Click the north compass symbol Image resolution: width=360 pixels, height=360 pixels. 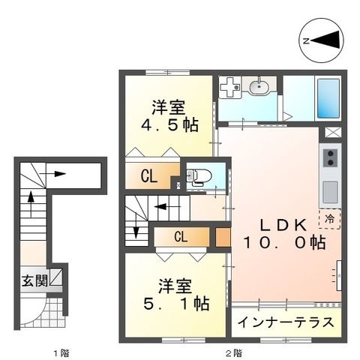(321, 40)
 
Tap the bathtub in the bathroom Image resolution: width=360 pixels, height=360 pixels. (328, 98)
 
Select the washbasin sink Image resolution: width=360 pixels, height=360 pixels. (259, 87)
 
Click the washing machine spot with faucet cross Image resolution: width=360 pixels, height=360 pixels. (229, 87)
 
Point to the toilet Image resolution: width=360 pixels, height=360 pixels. (199, 176)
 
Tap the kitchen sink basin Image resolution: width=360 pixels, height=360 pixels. (330, 192)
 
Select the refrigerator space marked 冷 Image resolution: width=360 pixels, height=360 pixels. (330, 219)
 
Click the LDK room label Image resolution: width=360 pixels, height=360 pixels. (283, 225)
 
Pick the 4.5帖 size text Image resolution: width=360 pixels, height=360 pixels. (170, 124)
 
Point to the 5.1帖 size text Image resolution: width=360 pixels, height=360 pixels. (176, 303)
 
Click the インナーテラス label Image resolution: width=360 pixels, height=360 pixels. (286, 322)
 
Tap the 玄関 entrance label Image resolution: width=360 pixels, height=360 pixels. (34, 281)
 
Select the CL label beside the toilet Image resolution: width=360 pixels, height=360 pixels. (149, 176)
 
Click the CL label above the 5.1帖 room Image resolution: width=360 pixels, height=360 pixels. (181, 236)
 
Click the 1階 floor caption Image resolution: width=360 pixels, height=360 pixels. (61, 353)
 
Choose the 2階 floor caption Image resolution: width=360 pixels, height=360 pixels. (234, 353)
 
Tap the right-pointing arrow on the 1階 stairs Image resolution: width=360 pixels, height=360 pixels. (52, 174)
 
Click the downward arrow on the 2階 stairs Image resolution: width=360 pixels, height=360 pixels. (136, 226)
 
